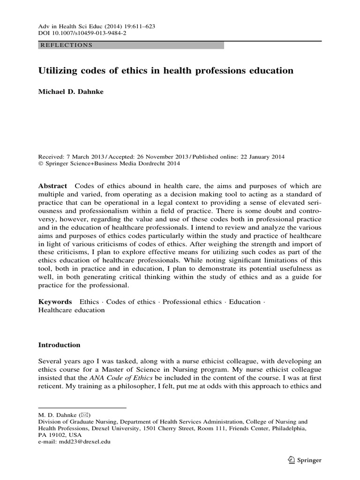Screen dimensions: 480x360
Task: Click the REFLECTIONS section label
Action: tap(67, 45)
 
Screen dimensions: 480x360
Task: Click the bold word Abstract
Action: tap(52, 186)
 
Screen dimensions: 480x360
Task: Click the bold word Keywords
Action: tap(55, 302)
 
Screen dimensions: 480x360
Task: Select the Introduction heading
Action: tap(59, 345)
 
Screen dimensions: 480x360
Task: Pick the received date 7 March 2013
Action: tap(83, 157)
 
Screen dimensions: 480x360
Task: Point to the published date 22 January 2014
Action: tap(259, 157)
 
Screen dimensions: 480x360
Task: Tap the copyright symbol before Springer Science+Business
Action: tap(40, 164)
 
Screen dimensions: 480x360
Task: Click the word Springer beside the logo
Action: tap(309, 461)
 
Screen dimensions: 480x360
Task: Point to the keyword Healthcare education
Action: tap(71, 310)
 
